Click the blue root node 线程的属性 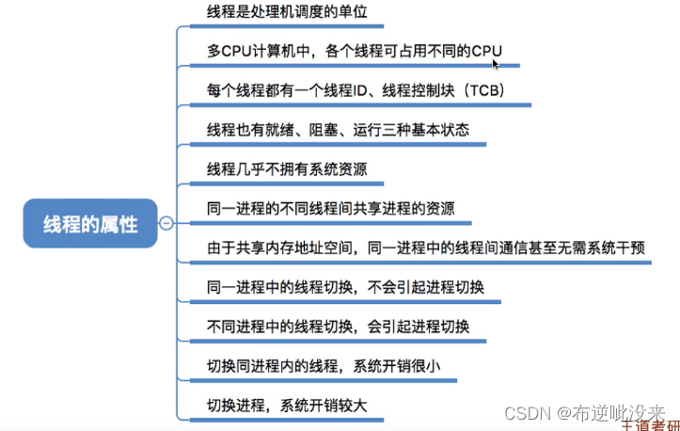pos(90,224)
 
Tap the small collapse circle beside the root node pos(166,224)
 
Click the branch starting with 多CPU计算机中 pos(347,51)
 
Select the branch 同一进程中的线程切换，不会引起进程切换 pos(345,288)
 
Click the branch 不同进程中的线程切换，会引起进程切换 pos(338,327)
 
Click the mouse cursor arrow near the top pos(496,63)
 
